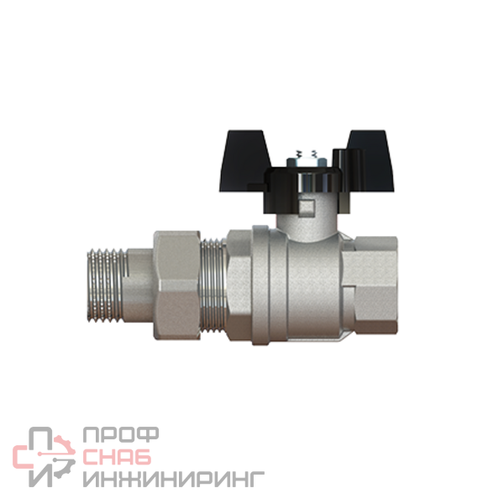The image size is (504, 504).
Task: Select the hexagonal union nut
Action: [x=176, y=285]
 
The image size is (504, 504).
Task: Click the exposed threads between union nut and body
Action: [x=213, y=285]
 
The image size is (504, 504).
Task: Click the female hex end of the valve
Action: [x=370, y=285]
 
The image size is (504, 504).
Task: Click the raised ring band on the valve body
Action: [x=261, y=285]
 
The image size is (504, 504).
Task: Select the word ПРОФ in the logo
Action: [x=121, y=434]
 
